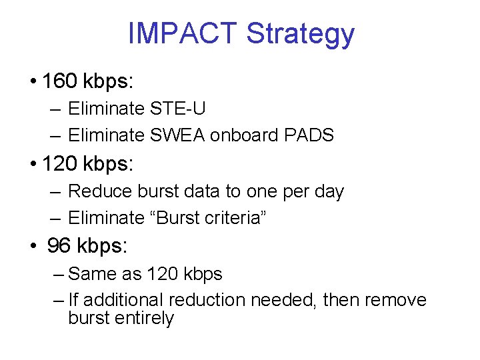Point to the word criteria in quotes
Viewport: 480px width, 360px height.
pyautogui.click(x=237, y=218)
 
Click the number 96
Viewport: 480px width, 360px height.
pyautogui.click(x=59, y=246)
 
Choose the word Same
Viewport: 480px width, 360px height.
pyautogui.click(x=91, y=274)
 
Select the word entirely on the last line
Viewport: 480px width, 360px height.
pyautogui.click(x=145, y=319)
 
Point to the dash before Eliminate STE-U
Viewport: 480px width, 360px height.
pyautogui.click(x=56, y=109)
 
